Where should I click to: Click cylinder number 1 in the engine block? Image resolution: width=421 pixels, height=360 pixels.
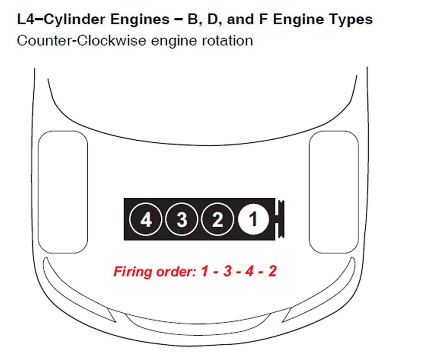pyautogui.click(x=253, y=220)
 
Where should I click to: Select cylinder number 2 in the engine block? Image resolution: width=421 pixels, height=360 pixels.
pyautogui.click(x=218, y=220)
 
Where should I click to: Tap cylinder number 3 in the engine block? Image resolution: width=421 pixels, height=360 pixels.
pyautogui.click(x=182, y=220)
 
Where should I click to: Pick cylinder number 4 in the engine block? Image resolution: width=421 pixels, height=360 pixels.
pyautogui.click(x=146, y=220)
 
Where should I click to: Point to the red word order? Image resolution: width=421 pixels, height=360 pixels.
pyautogui.click(x=174, y=271)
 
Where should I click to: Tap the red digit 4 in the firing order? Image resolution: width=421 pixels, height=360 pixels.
pyautogui.click(x=249, y=271)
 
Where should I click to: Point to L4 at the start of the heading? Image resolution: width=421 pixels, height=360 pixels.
pyautogui.click(x=23, y=20)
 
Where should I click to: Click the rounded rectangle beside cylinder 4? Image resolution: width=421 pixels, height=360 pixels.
pyautogui.click(x=63, y=192)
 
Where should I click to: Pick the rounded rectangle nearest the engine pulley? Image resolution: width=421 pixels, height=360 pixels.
pyautogui.click(x=333, y=192)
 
